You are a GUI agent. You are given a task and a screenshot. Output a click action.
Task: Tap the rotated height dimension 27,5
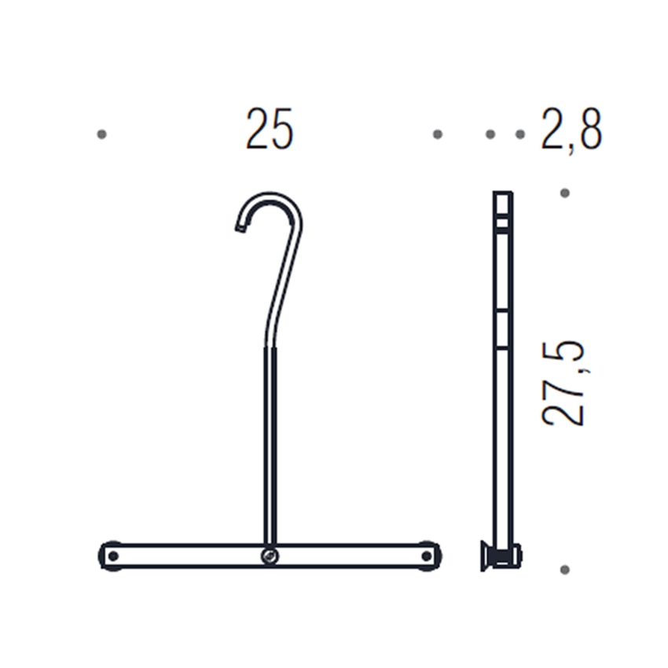pos(563,384)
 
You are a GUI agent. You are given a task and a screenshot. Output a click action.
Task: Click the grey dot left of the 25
pos(101,134)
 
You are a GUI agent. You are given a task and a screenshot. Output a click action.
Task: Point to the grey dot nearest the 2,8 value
pos(520,134)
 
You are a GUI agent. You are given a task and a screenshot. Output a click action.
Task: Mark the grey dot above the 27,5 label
pos(564,193)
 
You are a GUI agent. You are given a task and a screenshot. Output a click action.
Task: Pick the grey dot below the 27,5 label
pos(564,569)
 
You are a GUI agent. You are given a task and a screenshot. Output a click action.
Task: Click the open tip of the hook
pos(240,227)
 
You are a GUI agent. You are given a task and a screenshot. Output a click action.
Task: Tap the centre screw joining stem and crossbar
pos(270,556)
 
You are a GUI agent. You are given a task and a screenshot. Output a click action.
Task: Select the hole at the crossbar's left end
pos(112,556)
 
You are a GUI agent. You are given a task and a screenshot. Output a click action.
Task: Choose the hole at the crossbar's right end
pos(427,556)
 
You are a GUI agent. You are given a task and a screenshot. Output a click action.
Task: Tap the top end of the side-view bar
pos(502,194)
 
